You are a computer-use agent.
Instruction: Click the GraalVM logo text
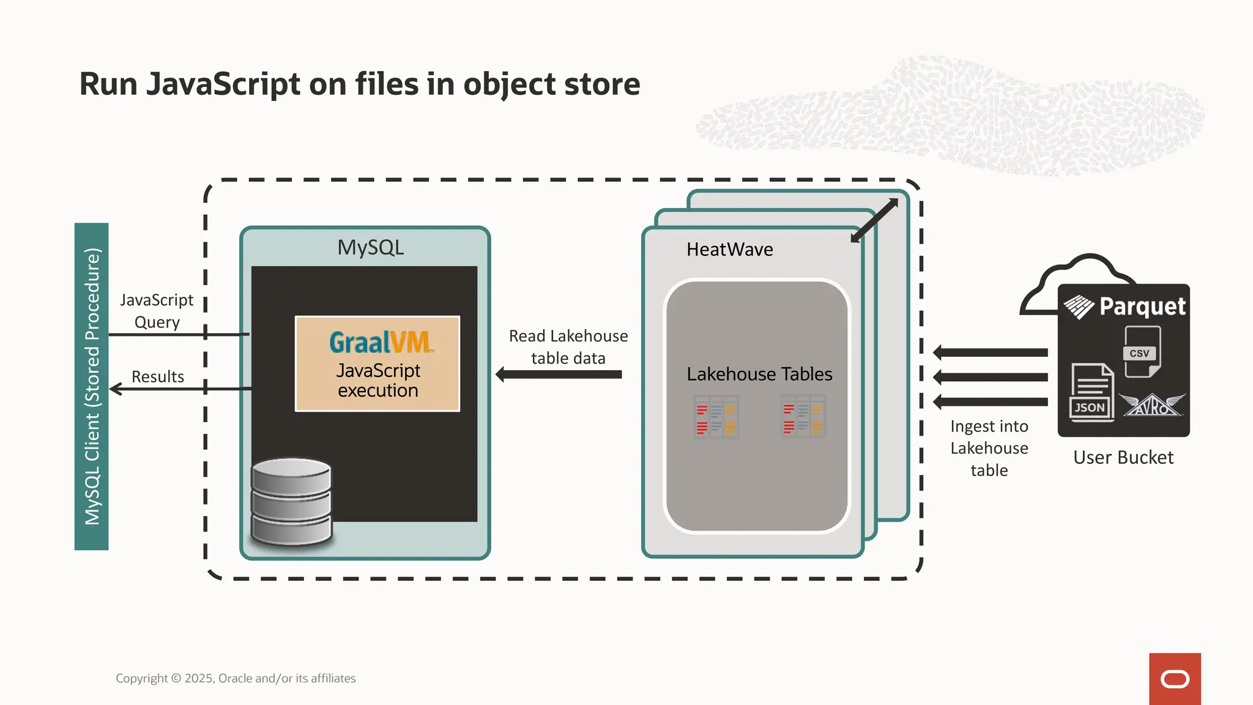click(381, 342)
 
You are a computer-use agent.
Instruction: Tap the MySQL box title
click(371, 248)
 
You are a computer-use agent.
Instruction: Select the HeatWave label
click(729, 250)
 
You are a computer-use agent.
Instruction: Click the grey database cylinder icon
click(292, 502)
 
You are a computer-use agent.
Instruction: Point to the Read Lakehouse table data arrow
click(559, 375)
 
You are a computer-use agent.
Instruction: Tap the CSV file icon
click(1142, 351)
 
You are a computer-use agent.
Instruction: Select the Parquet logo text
click(1142, 307)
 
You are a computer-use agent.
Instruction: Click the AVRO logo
click(1152, 405)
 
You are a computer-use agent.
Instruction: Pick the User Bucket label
click(1123, 458)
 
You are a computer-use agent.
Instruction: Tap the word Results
click(158, 377)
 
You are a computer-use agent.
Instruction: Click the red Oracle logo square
click(1175, 679)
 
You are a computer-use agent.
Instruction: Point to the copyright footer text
click(236, 678)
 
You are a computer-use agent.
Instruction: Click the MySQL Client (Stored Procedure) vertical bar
click(92, 386)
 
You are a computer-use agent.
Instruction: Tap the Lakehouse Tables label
click(759, 374)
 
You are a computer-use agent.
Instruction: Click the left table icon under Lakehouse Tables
click(716, 417)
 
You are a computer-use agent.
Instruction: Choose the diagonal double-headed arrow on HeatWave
click(874, 220)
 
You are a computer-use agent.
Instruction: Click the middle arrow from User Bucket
click(991, 377)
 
